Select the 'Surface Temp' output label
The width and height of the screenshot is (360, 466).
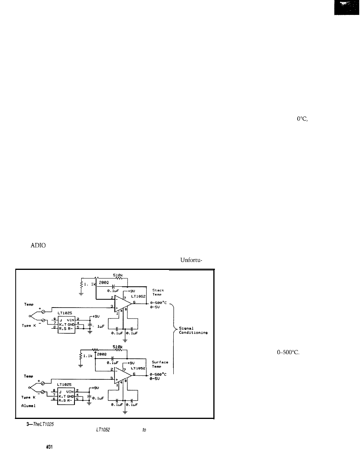click(x=160, y=364)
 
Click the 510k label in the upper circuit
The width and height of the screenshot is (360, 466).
click(x=117, y=275)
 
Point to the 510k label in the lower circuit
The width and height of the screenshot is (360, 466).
click(x=117, y=347)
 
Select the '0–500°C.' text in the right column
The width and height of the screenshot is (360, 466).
click(x=288, y=352)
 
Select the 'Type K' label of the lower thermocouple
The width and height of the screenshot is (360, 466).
click(x=27, y=397)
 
